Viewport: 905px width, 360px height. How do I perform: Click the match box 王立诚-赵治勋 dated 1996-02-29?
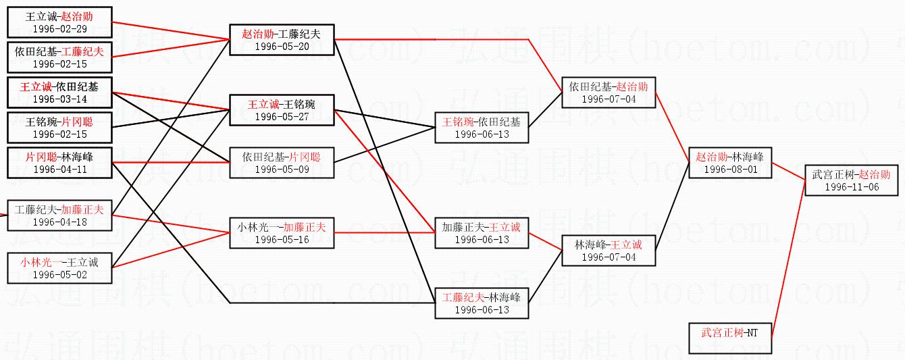click(59, 23)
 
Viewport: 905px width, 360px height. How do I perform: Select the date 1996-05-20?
click(282, 47)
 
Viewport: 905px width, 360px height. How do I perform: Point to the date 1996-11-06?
click(852, 187)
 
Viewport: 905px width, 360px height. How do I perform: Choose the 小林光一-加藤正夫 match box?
click(282, 233)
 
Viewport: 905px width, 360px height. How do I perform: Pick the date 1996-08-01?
click(730, 170)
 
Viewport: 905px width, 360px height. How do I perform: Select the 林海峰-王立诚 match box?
click(608, 251)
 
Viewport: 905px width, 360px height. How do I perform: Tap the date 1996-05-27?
click(282, 116)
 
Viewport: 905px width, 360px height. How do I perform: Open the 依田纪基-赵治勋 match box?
click(608, 93)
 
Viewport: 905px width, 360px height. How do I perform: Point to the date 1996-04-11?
click(59, 169)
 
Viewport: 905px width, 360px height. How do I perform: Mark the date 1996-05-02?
click(59, 274)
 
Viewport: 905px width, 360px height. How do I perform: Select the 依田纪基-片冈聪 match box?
click(282, 163)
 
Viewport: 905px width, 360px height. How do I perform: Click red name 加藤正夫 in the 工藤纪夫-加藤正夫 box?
click(82, 210)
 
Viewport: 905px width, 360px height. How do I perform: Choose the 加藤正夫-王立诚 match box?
click(481, 233)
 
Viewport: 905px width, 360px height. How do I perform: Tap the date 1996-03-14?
click(59, 99)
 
